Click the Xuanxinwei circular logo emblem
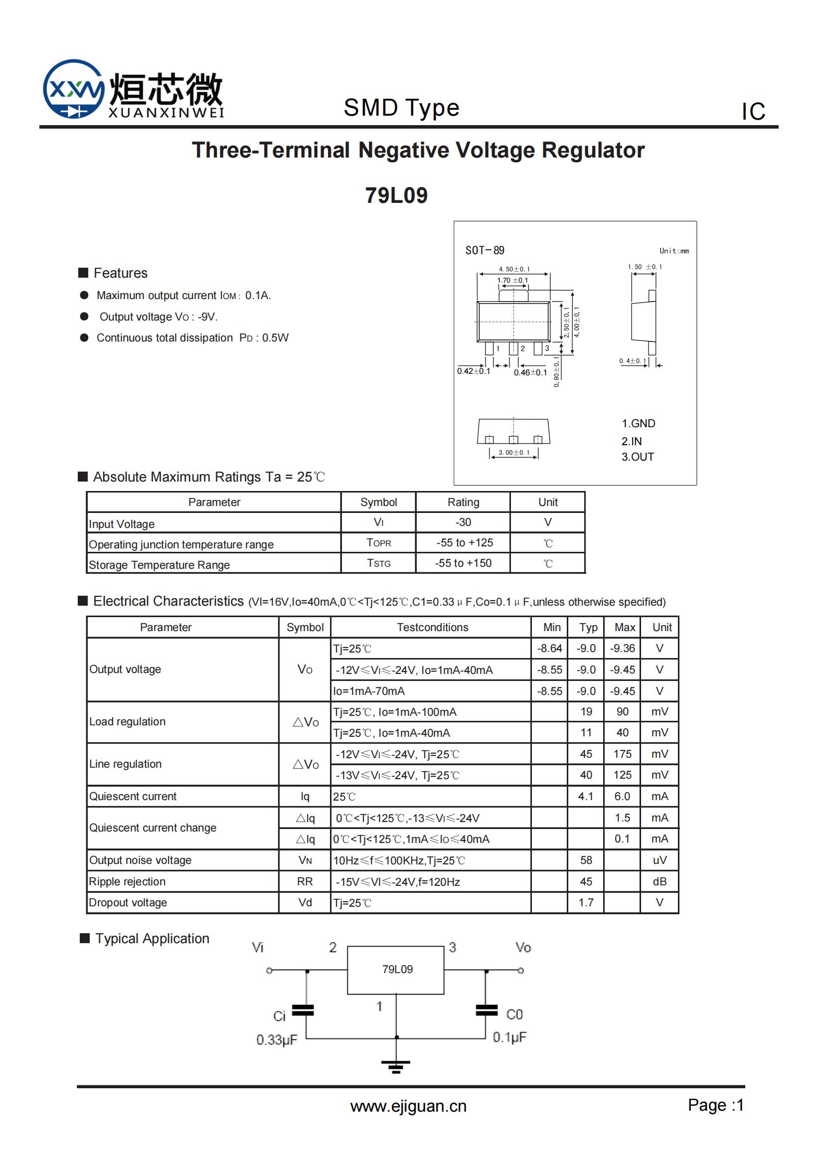(x=74, y=89)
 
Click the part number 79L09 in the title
(x=396, y=195)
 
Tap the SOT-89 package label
(x=485, y=250)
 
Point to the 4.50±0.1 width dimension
(x=514, y=269)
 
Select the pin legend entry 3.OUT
(x=638, y=457)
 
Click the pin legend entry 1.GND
(x=638, y=424)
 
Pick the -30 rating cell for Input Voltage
(x=463, y=522)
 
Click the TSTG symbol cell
(x=379, y=563)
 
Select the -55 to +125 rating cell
(x=464, y=542)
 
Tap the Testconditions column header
(x=432, y=627)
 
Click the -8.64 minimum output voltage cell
(x=549, y=649)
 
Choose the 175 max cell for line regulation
(x=622, y=754)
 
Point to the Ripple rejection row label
(x=128, y=882)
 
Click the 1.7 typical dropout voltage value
(x=586, y=902)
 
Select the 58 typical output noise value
(x=586, y=860)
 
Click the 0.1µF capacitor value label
(x=509, y=1037)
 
